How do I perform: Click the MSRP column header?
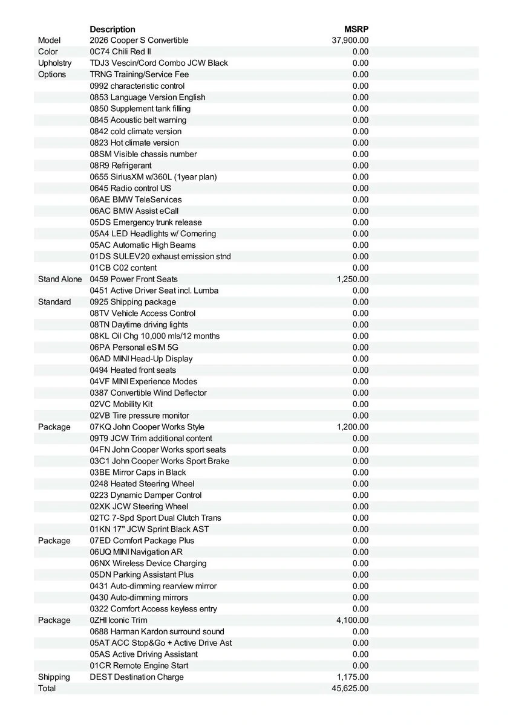click(x=356, y=29)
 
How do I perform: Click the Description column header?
click(x=113, y=29)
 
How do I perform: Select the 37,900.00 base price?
click(x=350, y=40)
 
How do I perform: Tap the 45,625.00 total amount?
click(x=350, y=689)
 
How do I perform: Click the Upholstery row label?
click(x=54, y=63)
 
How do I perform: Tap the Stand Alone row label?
click(x=60, y=279)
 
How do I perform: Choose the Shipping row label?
click(x=54, y=677)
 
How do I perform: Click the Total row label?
click(x=47, y=689)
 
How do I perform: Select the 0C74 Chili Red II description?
click(x=120, y=52)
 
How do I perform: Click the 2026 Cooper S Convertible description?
click(x=139, y=40)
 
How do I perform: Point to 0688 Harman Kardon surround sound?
click(x=157, y=632)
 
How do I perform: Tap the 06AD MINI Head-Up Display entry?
click(x=142, y=359)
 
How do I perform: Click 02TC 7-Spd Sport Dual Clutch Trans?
click(x=155, y=518)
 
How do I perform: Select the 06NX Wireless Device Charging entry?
click(x=148, y=564)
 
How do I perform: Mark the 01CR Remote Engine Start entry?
click(x=139, y=666)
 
